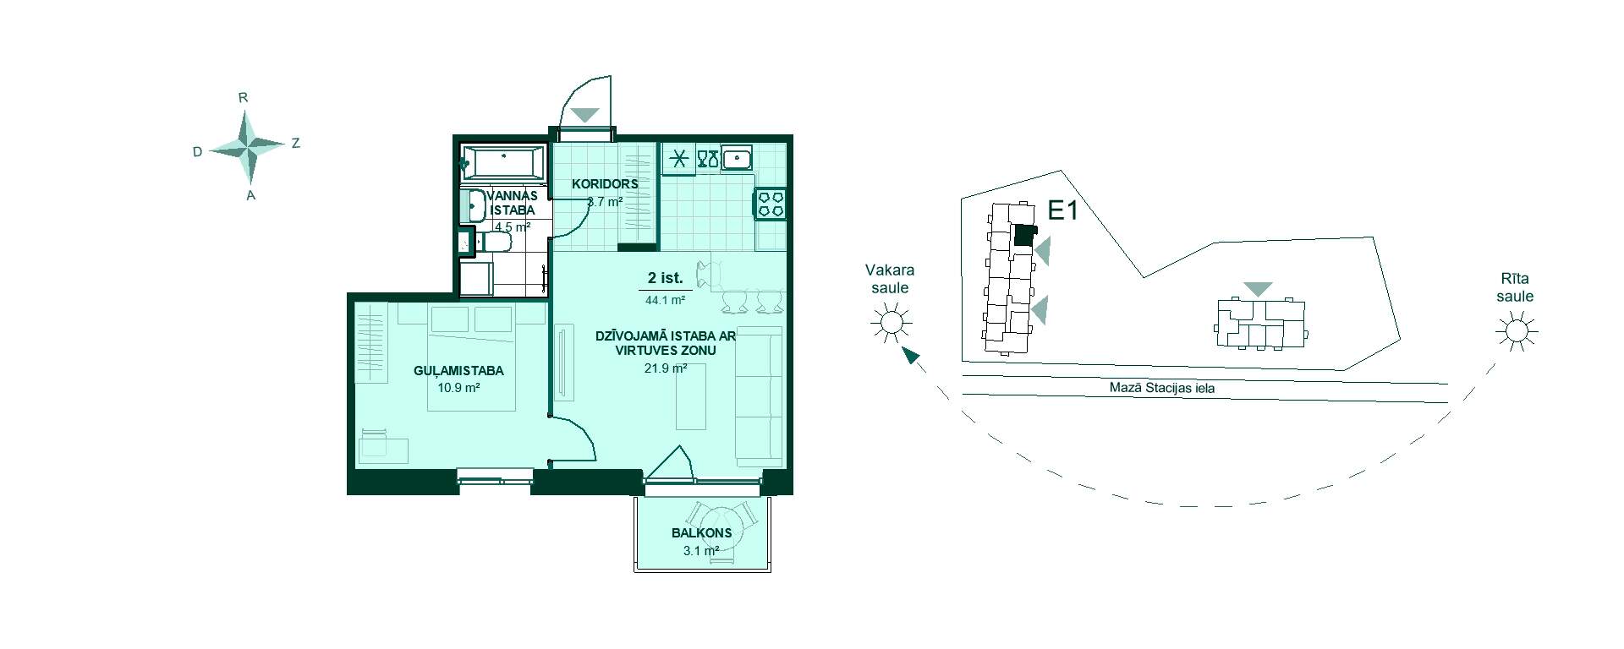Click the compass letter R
coord(243,98)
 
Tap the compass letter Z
coord(295,144)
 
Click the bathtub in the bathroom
coord(502,161)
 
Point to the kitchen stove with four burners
coord(770,204)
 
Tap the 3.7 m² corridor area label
coord(605,202)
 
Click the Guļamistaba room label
coord(458,370)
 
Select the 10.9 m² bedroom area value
coord(458,388)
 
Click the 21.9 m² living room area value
coord(666,368)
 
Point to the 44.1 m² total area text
coord(666,298)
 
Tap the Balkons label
coord(701,533)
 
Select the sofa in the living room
coord(759,395)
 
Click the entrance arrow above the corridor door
coord(584,114)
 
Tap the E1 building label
coord(1062,210)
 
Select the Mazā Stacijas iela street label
coord(1162,389)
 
